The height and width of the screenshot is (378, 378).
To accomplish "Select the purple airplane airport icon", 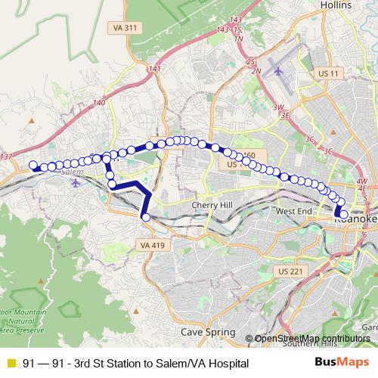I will (x=279, y=71).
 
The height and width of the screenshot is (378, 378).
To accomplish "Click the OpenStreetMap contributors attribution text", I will (x=311, y=338).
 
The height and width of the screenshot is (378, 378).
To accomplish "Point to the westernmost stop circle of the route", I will (x=33, y=166).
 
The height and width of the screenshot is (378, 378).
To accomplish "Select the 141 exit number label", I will (x=155, y=69).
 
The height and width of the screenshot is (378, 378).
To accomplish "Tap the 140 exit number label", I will (x=98, y=101).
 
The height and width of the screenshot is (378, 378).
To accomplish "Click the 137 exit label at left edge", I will (x=7, y=156).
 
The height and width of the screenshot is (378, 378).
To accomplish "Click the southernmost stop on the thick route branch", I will (x=144, y=217).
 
